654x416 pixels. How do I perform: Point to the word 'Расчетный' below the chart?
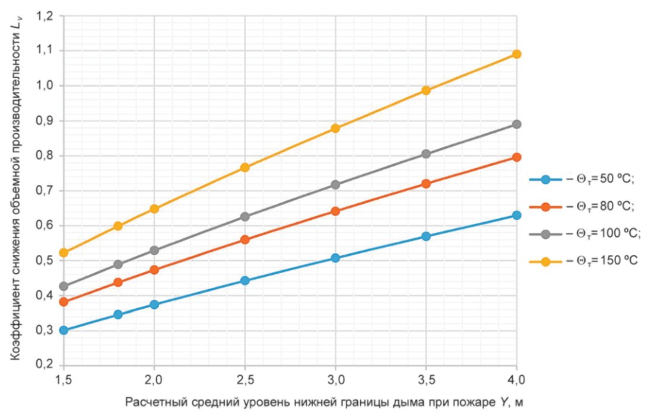[151, 402]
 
